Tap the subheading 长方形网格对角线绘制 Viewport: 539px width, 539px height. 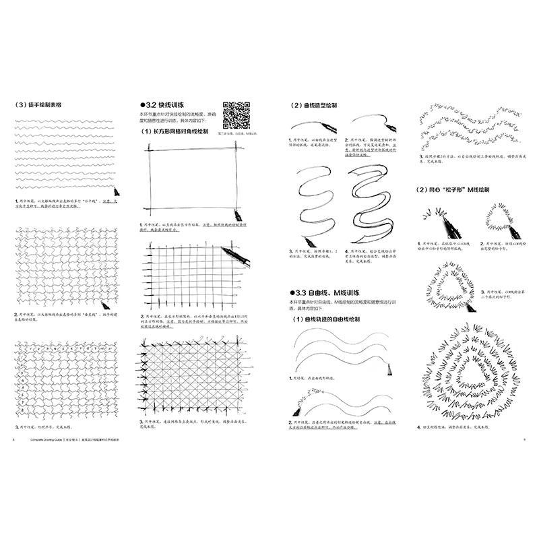(177, 132)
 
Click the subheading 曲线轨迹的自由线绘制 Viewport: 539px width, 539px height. (329, 319)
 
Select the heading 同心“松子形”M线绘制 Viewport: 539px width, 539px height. (461, 190)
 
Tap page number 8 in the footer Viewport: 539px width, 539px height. (13, 439)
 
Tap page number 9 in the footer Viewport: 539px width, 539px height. (524, 439)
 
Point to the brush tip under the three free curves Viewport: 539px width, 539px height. (390, 367)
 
